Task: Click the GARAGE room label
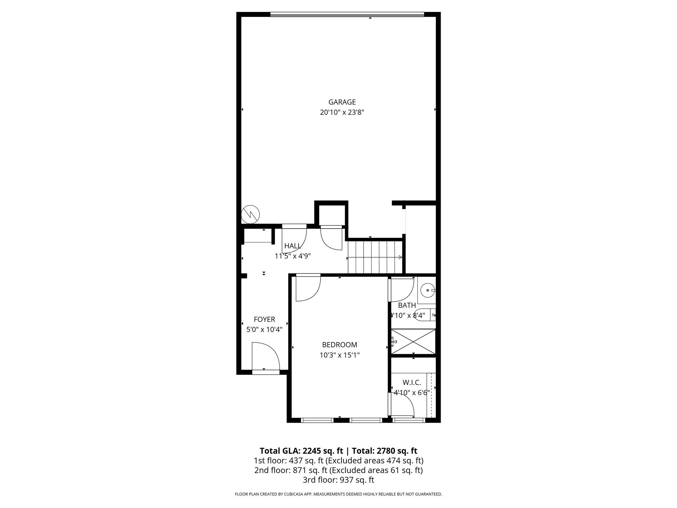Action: [342, 102]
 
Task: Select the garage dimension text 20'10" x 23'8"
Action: [342, 112]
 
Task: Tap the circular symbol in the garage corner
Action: [250, 214]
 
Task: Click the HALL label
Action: [293, 246]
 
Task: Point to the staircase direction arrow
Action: [400, 257]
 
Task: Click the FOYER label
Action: [264, 319]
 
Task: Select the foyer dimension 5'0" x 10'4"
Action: [264, 330]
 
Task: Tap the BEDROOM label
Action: [339, 345]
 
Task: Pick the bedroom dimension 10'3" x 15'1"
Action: [339, 355]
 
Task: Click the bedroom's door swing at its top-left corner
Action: [307, 288]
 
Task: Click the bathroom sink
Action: [428, 290]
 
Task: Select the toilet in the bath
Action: [427, 315]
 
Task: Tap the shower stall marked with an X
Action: [414, 342]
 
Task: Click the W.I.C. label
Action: [412, 383]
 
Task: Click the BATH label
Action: [407, 305]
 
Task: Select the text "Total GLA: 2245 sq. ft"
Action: [301, 451]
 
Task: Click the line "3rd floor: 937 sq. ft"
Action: [338, 480]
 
